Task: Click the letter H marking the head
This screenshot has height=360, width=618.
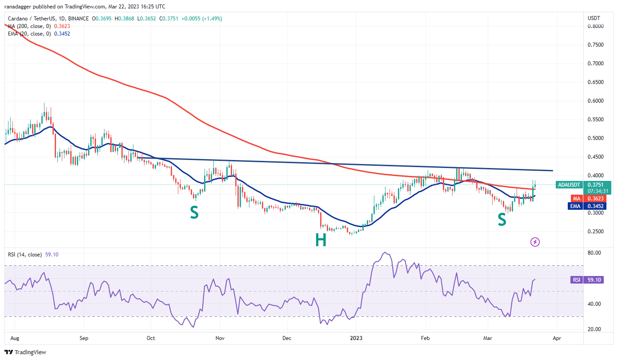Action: click(x=321, y=240)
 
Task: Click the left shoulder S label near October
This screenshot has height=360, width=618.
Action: click(x=194, y=213)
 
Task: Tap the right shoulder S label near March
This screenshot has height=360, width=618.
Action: click(x=502, y=220)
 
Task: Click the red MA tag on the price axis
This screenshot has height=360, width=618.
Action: click(x=576, y=198)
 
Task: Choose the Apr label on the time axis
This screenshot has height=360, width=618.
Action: click(x=556, y=338)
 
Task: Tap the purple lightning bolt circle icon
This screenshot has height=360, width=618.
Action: click(x=535, y=242)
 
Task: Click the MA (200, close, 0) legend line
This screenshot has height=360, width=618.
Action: click(x=29, y=26)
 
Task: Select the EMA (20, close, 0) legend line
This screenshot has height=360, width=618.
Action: click(x=29, y=33)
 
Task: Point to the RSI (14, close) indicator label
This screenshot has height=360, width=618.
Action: click(x=25, y=255)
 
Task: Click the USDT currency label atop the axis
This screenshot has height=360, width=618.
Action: click(x=594, y=18)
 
